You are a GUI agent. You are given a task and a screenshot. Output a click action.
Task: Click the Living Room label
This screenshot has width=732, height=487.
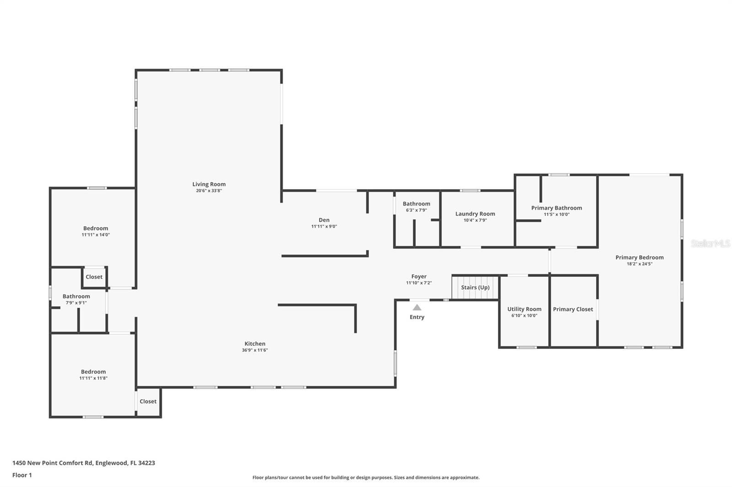point(209,184)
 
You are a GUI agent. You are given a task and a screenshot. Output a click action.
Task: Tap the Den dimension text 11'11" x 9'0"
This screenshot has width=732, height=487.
point(324,226)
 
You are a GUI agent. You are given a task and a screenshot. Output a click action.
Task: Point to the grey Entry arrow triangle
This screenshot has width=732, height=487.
point(417,307)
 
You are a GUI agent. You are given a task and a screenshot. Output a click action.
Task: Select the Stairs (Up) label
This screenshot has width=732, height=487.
point(475,287)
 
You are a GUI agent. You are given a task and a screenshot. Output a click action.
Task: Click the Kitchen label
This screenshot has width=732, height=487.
point(255,344)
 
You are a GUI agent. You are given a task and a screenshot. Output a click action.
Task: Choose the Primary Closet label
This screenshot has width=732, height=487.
point(573,309)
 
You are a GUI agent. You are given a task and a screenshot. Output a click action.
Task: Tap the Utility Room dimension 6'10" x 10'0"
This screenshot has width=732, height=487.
point(524,315)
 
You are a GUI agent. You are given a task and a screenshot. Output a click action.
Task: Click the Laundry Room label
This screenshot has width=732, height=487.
point(475,214)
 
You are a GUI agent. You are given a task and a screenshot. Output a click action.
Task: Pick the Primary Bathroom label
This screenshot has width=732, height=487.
point(556,208)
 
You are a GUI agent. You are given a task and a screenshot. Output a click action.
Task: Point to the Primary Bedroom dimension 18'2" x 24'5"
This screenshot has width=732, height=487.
point(640,264)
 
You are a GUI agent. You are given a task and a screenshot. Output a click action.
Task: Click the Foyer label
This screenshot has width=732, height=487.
point(419,276)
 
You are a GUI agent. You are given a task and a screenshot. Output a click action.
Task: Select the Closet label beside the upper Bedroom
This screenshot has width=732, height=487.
point(94,277)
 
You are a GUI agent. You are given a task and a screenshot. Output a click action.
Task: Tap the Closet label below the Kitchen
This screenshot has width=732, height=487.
point(148,401)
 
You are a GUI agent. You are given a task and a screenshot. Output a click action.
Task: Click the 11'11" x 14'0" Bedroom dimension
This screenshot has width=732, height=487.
point(96,234)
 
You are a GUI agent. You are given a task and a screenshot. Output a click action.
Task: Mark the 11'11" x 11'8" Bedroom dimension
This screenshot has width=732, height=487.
point(93,378)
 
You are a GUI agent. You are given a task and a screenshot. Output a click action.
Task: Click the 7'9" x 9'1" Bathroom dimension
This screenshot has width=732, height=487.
point(76,302)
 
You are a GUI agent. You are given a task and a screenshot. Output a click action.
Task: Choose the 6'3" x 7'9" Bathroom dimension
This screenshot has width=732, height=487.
point(416,210)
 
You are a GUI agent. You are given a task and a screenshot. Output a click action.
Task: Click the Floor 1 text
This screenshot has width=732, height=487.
point(22,475)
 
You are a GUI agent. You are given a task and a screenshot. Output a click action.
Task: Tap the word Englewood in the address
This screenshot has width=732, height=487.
point(112,463)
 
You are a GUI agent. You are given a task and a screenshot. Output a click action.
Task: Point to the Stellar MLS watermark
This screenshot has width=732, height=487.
point(710,243)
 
